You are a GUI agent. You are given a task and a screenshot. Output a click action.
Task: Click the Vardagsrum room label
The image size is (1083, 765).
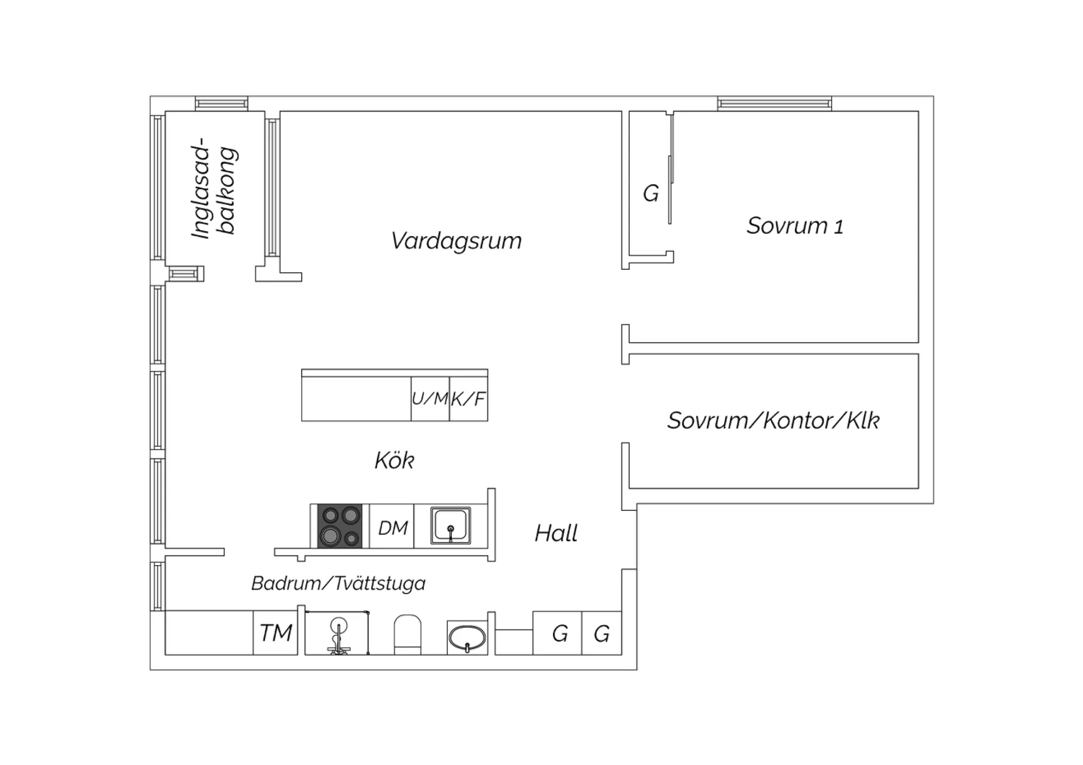[x=456, y=241]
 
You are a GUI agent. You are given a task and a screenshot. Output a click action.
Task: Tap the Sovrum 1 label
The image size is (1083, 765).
[x=795, y=226]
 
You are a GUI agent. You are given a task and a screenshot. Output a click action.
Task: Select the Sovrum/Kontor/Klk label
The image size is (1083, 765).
[x=773, y=421]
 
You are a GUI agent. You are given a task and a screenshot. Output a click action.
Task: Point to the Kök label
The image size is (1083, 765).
[x=394, y=460]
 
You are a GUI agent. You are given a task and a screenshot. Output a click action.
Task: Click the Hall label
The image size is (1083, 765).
[x=556, y=533]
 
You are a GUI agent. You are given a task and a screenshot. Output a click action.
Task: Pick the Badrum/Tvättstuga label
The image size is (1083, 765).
[x=339, y=583]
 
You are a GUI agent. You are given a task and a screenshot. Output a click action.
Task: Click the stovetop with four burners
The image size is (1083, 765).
[x=339, y=526]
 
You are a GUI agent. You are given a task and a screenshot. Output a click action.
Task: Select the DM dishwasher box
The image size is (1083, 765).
[x=391, y=526]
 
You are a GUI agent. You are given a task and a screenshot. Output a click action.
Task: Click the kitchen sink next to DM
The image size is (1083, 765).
[x=451, y=525]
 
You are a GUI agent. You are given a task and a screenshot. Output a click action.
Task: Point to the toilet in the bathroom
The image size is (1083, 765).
[x=408, y=634]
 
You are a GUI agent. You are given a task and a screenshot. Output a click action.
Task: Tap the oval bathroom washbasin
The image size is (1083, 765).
[x=467, y=638]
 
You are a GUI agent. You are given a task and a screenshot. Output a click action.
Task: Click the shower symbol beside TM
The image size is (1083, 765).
[x=337, y=633]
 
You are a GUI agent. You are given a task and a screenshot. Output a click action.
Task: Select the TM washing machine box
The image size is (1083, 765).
[x=275, y=633]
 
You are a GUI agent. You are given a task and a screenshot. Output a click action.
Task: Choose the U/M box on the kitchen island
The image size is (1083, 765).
[x=430, y=398]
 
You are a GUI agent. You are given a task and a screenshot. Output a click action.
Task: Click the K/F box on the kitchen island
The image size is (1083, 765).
[x=469, y=398]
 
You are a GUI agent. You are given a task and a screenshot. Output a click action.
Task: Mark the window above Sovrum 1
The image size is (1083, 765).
[x=775, y=103]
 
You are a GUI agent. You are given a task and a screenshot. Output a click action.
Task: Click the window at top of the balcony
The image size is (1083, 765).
[x=222, y=103]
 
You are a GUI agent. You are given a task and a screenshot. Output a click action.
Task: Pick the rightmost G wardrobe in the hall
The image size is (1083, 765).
[x=601, y=633]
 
